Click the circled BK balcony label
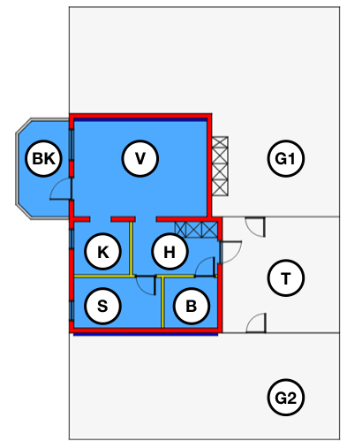tap(43, 158)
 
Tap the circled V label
tap(140, 158)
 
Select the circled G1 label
tap(286, 158)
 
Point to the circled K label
tap(102, 252)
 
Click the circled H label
tap(170, 252)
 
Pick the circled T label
tap(286, 277)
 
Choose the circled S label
tap(102, 306)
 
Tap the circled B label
tap(192, 306)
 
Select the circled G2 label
tap(286, 398)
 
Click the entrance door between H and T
tap(231, 252)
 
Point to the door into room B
tap(205, 267)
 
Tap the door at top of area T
tap(255, 227)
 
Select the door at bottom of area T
tap(256, 323)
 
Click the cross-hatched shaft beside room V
tap(220, 166)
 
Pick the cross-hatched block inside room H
tap(196, 230)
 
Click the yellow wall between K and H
tap(131, 248)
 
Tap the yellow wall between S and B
tap(162, 302)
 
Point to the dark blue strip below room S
tap(146, 334)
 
